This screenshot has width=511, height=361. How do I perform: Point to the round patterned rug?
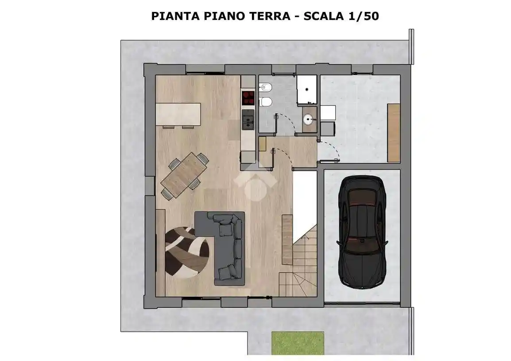click(186, 251)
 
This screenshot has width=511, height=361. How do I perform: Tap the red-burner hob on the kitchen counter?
click(248, 97)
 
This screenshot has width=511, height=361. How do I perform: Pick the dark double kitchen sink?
click(248, 120)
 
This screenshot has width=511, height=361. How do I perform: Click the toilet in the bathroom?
click(266, 102)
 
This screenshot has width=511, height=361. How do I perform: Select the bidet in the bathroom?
click(266, 87)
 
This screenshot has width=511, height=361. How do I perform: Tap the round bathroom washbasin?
click(309, 119)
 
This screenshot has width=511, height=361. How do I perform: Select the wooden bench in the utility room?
click(393, 132)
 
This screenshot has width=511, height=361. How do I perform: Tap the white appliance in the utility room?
click(329, 113)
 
